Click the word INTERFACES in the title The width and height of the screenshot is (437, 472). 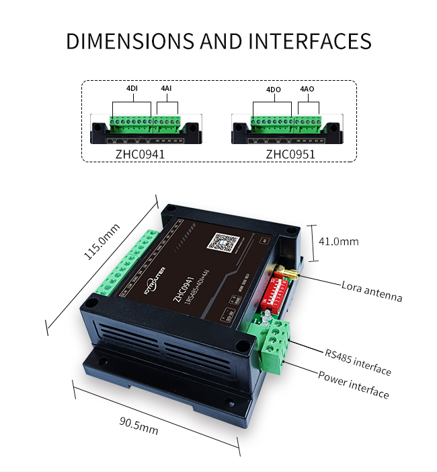coord(310,40)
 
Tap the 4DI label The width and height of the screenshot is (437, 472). coord(133,89)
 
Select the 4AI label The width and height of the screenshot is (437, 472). coord(166,89)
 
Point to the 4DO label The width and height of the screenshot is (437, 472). coord(273,89)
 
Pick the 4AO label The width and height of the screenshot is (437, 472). coord(307,89)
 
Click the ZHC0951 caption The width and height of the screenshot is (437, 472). coord(290,154)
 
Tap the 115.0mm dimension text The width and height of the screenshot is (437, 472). coord(101,242)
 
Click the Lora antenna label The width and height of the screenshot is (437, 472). coord(372,290)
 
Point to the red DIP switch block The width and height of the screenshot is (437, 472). coord(274,293)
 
